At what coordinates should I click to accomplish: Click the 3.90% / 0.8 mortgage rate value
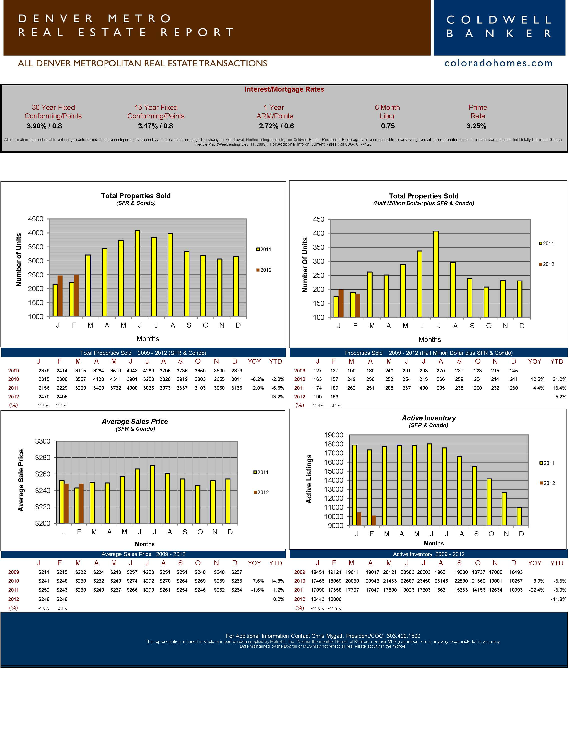click(44, 126)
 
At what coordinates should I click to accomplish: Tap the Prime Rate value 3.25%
click(476, 126)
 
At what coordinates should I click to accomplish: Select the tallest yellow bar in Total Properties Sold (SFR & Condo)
click(137, 273)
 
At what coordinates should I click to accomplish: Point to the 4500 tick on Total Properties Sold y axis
click(36, 219)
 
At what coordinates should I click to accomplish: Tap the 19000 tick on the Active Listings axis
click(334, 435)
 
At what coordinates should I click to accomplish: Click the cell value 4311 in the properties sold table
click(116, 379)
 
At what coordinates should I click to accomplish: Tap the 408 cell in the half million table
click(423, 388)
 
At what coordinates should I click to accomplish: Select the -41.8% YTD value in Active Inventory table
click(558, 599)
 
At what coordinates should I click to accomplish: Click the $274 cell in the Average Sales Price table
click(132, 581)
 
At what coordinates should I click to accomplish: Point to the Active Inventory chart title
click(429, 418)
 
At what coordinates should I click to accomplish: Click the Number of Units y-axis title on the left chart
click(19, 260)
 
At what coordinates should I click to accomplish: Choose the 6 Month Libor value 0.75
click(388, 126)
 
